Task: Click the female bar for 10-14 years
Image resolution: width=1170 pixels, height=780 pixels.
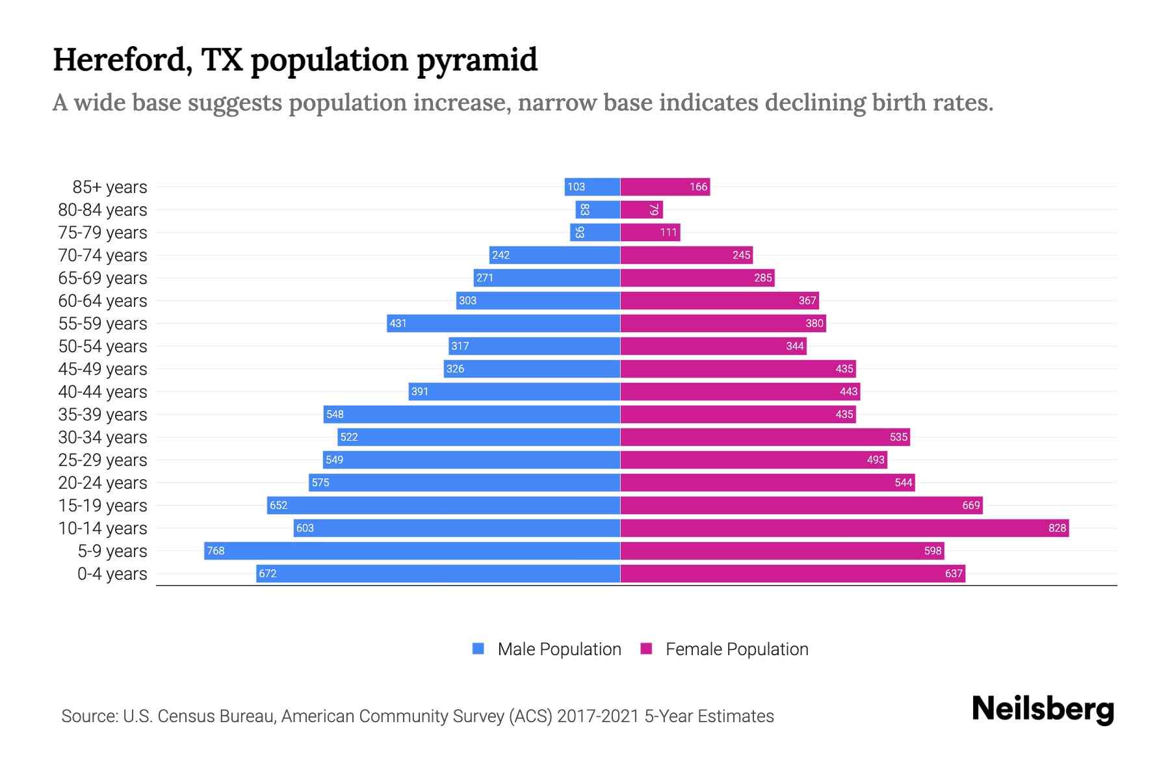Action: (844, 528)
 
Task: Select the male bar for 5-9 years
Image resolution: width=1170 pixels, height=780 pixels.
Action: (412, 551)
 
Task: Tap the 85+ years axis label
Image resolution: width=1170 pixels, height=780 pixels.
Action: (109, 187)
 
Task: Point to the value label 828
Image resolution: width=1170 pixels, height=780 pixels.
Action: (1057, 528)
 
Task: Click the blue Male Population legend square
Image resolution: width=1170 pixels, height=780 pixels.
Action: (478, 649)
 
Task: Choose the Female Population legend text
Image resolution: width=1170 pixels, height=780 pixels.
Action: (736, 649)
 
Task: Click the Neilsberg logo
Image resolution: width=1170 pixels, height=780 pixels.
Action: (1043, 709)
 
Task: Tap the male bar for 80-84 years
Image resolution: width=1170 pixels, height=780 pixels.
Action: (598, 209)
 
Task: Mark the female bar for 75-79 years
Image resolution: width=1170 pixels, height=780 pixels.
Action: (650, 232)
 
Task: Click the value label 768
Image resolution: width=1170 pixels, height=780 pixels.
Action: (215, 551)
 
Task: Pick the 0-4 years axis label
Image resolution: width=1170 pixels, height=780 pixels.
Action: (112, 574)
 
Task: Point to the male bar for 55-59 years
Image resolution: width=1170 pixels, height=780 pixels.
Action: (504, 323)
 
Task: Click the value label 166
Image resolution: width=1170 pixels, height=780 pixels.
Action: (698, 187)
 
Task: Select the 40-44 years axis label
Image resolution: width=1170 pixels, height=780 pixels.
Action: (103, 392)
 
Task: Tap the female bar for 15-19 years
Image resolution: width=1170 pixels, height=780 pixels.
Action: (801, 505)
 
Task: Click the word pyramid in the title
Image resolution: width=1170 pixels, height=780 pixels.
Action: (477, 60)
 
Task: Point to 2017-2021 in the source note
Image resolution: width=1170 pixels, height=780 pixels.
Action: (598, 716)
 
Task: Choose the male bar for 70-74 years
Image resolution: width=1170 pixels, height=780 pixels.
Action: (554, 255)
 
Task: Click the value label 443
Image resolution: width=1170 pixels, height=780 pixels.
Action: (848, 391)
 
